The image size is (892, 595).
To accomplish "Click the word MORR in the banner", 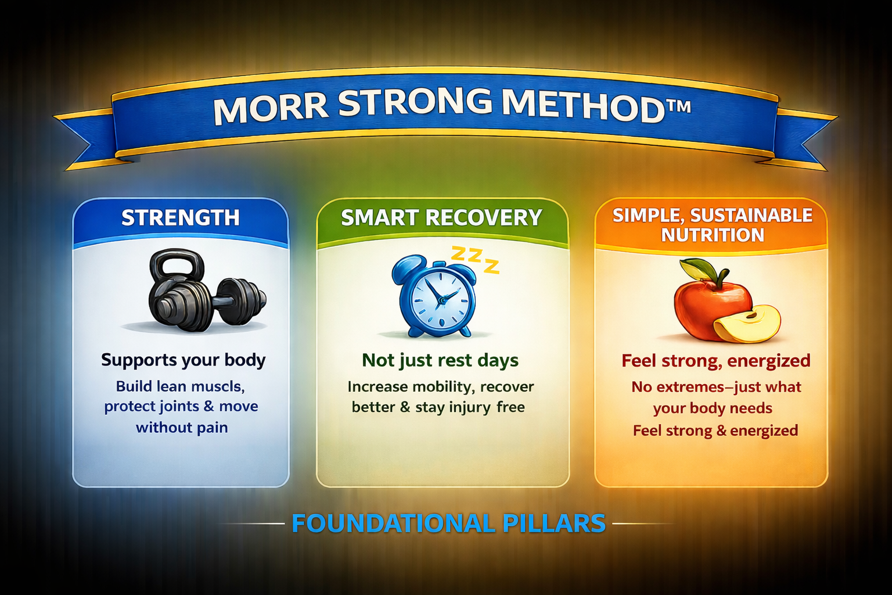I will tap(269, 107).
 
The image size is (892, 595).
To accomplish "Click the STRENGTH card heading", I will tap(181, 218).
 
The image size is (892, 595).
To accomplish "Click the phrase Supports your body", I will tap(183, 360).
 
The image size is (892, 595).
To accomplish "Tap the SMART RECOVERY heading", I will tap(441, 218).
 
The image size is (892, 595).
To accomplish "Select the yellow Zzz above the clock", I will tap(475, 257).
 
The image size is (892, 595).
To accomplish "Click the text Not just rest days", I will tap(440, 361).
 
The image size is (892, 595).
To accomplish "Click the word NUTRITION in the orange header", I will tap(713, 235).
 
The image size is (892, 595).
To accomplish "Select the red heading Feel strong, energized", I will tap(715, 361).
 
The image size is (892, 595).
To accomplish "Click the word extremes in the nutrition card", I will tap(689, 388).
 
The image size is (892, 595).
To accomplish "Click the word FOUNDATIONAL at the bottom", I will tap(393, 524).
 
